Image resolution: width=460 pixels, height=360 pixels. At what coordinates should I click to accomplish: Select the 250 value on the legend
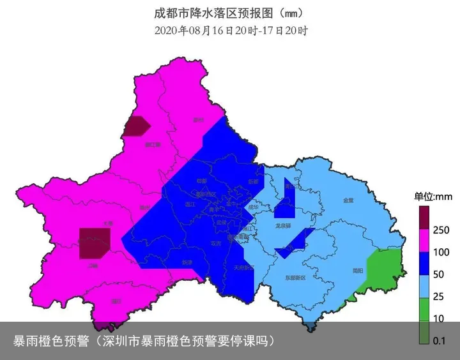tap(441, 230)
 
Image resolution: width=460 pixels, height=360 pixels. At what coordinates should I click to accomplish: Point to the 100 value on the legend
tap(441, 252)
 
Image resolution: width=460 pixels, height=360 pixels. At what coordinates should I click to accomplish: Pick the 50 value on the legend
tap(440, 274)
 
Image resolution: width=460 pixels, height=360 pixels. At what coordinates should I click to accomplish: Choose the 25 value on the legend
tap(440, 297)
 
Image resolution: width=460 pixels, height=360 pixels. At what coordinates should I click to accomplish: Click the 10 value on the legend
tap(439, 319)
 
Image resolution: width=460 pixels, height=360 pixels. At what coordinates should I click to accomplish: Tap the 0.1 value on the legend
tap(440, 341)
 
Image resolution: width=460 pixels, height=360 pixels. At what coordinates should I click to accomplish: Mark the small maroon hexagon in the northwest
tap(137, 126)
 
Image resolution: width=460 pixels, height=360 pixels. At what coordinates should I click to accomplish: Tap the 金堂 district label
tap(348, 200)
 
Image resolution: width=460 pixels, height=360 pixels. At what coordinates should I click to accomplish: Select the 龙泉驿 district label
tap(283, 225)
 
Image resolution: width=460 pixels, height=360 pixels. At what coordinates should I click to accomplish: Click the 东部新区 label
tap(296, 278)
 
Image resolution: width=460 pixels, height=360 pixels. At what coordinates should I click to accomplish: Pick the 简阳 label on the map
tap(358, 271)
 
